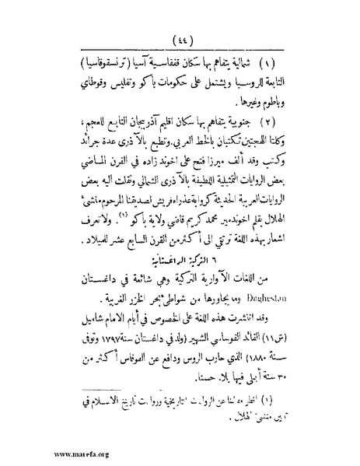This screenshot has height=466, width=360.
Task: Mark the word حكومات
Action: click(152, 82)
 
